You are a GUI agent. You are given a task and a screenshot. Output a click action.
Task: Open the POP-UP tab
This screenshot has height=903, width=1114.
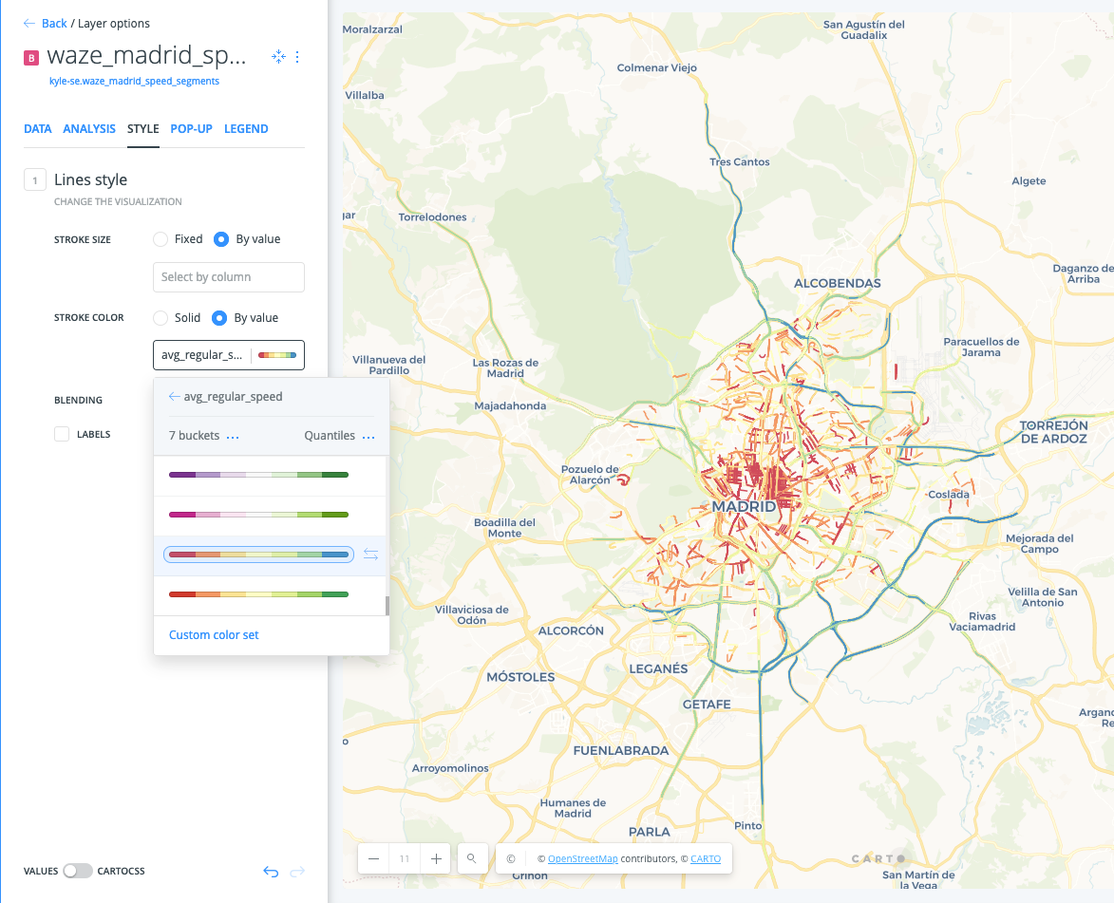(191, 128)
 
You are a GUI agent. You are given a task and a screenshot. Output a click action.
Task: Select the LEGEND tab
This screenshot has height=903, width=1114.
(246, 128)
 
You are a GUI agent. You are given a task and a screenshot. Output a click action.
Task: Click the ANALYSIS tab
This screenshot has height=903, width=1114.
(89, 128)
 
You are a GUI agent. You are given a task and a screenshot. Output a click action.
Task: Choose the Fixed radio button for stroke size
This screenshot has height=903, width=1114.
(161, 239)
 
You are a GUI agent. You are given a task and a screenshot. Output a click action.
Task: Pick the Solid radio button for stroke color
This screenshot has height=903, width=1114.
(161, 317)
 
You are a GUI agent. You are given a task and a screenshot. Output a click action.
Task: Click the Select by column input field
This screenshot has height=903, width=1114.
(228, 277)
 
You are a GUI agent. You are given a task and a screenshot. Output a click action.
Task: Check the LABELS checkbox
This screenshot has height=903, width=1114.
(62, 434)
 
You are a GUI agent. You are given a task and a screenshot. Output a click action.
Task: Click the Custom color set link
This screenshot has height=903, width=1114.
(214, 634)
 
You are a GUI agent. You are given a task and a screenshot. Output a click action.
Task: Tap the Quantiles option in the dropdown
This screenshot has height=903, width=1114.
(330, 436)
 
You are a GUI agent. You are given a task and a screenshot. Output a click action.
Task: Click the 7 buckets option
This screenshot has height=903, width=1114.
(194, 436)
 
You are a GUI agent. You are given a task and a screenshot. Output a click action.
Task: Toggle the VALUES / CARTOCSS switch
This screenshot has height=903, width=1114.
(78, 871)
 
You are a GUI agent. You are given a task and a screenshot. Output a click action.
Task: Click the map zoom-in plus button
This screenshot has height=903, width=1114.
(436, 858)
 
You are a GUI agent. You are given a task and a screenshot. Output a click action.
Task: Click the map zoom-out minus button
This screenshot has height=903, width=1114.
(373, 858)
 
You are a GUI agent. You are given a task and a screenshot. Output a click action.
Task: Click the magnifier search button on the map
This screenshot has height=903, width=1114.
(471, 858)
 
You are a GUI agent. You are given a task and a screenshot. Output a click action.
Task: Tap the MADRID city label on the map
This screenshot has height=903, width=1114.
(744, 506)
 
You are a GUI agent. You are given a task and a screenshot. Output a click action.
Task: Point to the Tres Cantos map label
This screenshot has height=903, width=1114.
(740, 161)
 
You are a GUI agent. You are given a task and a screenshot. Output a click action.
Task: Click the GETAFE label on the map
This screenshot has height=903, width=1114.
(707, 704)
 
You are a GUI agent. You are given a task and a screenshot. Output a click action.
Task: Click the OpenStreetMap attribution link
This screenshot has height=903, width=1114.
(582, 858)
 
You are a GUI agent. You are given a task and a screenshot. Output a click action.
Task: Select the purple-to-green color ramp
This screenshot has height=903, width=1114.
(258, 475)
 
